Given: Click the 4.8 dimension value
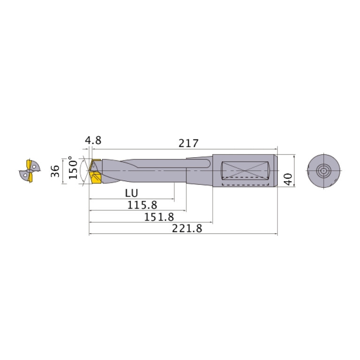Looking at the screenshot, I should [93, 141].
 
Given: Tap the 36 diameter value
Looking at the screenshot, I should [55, 171].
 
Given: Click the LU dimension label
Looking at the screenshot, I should [131, 193].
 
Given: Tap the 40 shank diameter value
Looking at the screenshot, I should [288, 178].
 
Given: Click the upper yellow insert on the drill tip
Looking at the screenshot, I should [96, 165].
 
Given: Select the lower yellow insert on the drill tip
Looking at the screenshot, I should [97, 179].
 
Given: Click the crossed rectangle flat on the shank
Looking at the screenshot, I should [244, 170].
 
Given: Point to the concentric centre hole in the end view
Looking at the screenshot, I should [323, 170].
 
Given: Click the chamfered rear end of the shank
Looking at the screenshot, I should [276, 170].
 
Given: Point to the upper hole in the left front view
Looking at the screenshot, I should [34, 165].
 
